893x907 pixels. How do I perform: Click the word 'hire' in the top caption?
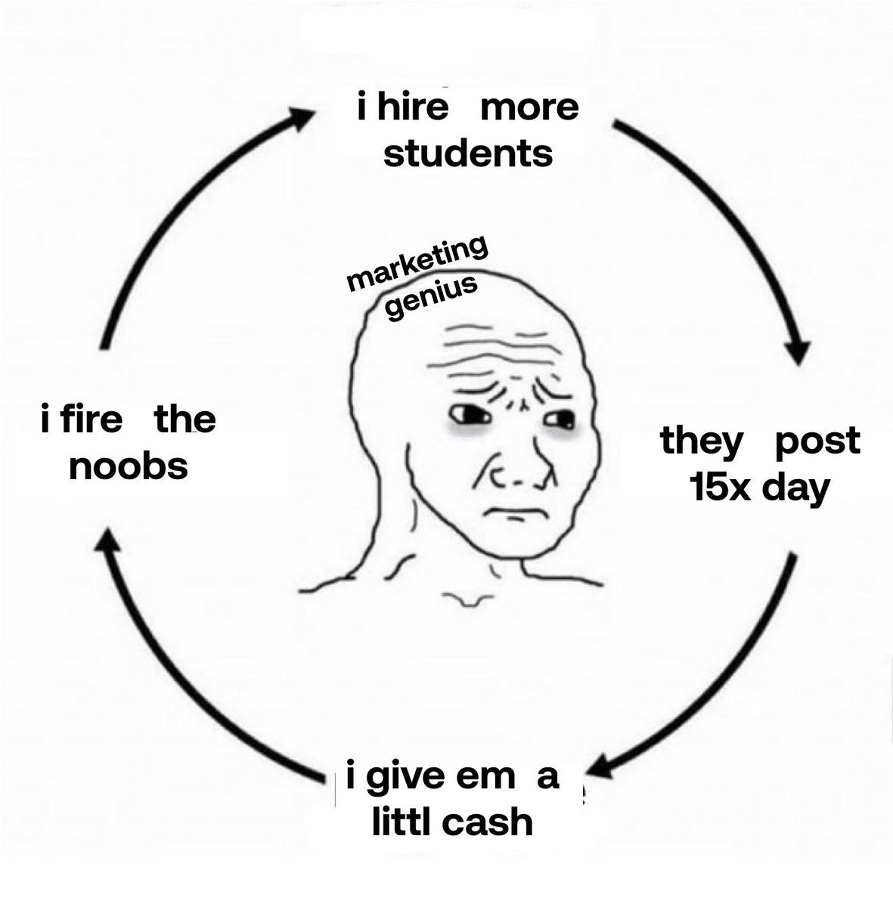pyautogui.click(x=408, y=107)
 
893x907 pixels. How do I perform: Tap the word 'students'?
pyautogui.click(x=468, y=154)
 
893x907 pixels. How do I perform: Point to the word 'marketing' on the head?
pyautogui.click(x=417, y=268)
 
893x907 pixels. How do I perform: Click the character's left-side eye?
pyautogui.click(x=464, y=414)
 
